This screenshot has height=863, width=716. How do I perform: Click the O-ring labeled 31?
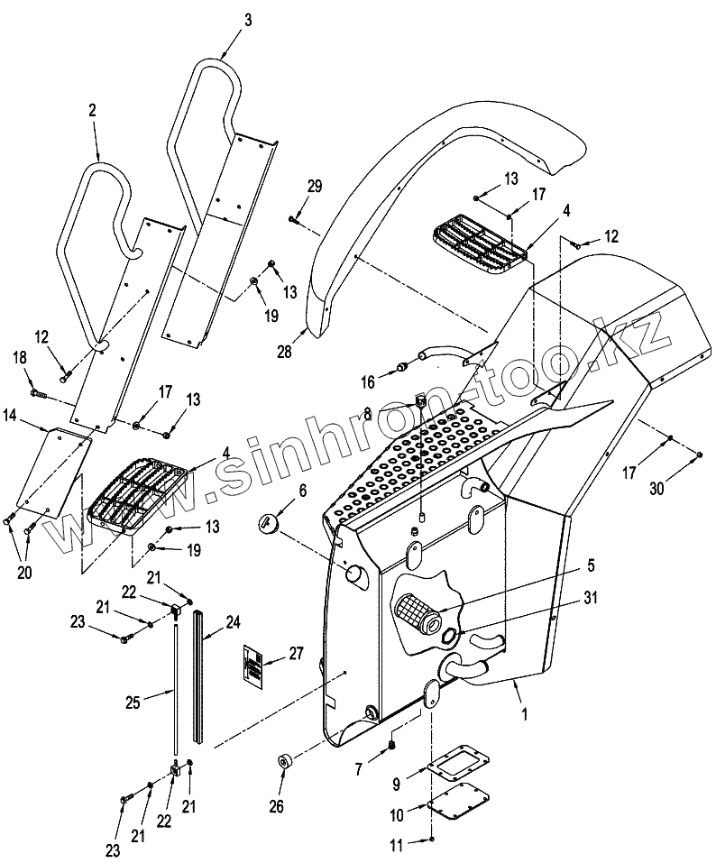(449, 638)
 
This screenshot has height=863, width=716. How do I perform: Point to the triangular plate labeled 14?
(53, 471)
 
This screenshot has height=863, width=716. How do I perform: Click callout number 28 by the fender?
(284, 352)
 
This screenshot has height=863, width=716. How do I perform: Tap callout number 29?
(315, 187)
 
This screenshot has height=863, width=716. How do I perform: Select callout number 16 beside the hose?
(367, 382)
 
